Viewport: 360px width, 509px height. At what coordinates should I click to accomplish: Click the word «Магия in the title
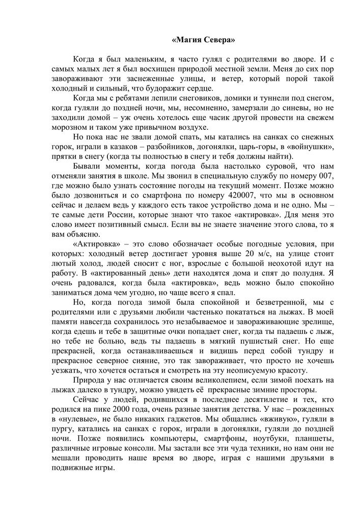coord(188,39)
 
